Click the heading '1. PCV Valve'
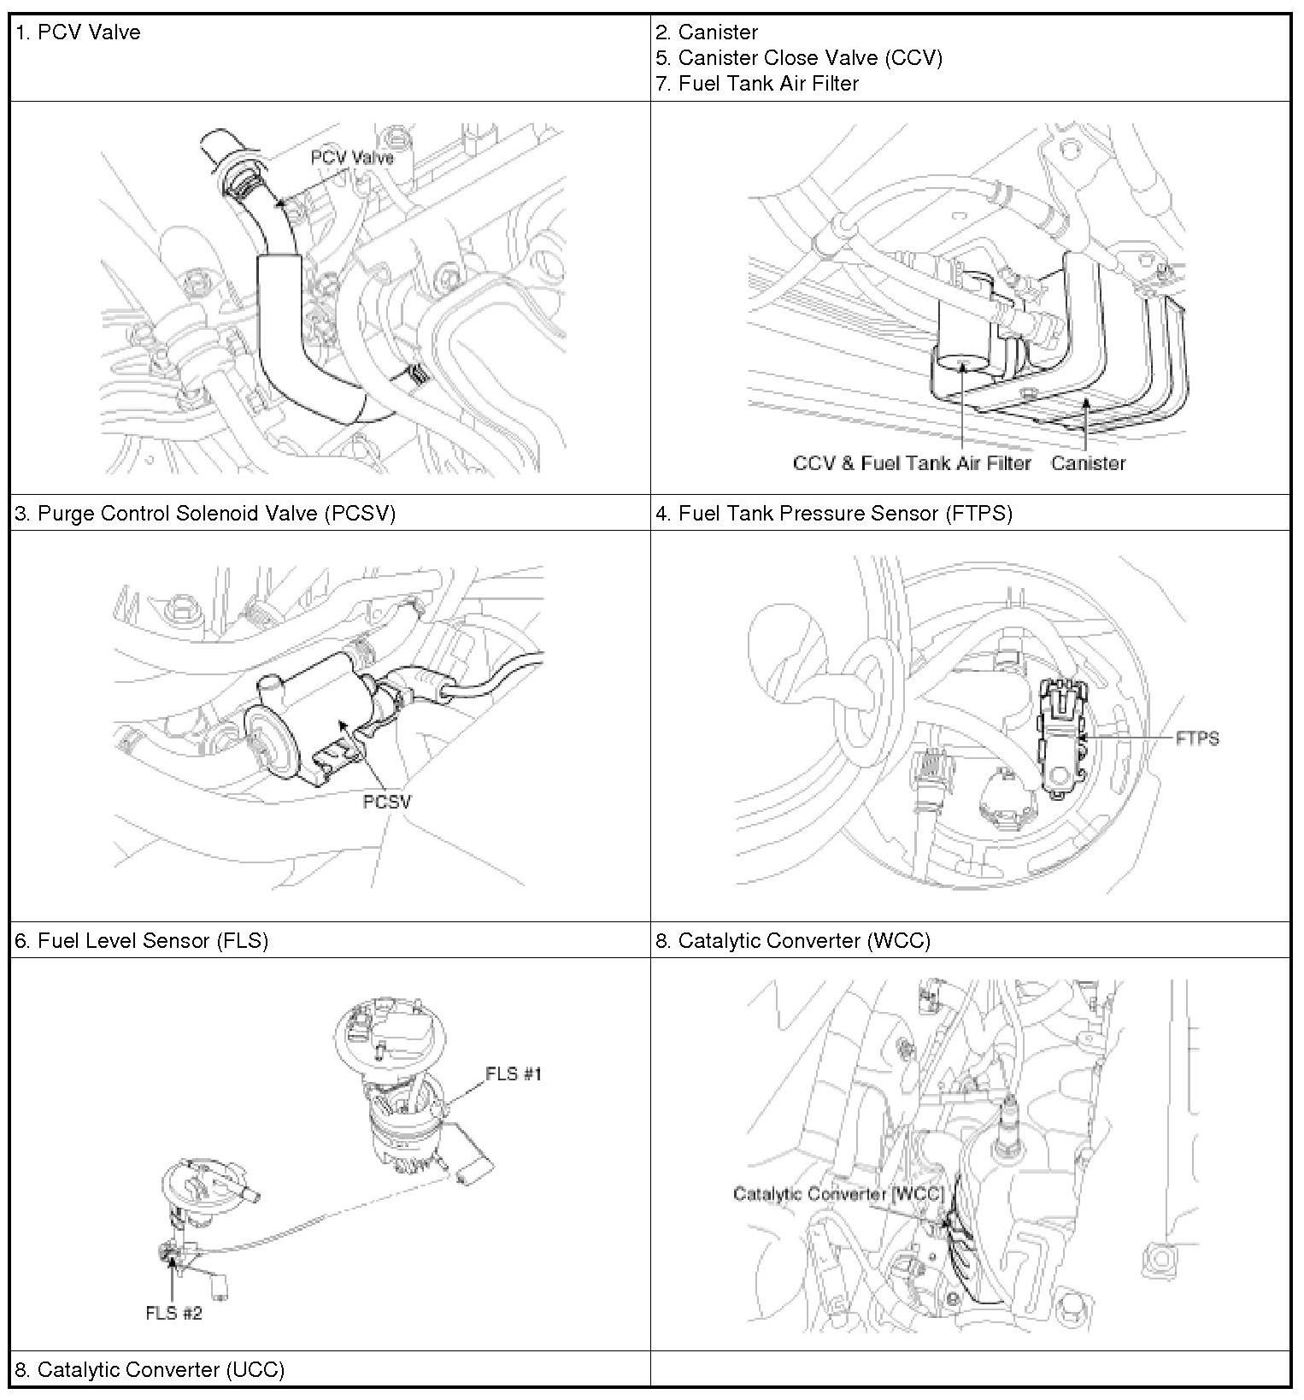pyautogui.click(x=78, y=32)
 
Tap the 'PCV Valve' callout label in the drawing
pyautogui.click(x=352, y=158)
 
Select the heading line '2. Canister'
pyautogui.click(x=707, y=32)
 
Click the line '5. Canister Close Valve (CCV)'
pyautogui.click(x=799, y=58)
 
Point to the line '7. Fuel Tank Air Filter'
pyautogui.click(x=757, y=84)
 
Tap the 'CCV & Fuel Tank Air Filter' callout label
pyautogui.click(x=912, y=463)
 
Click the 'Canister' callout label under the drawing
pyautogui.click(x=1088, y=463)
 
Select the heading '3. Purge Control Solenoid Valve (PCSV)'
pyautogui.click(x=205, y=513)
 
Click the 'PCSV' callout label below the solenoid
pyautogui.click(x=386, y=802)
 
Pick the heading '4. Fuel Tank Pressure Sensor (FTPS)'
pyautogui.click(x=834, y=513)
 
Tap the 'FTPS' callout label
pyautogui.click(x=1196, y=738)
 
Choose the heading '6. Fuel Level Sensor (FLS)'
pyautogui.click(x=142, y=940)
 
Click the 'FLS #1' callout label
pyautogui.click(x=514, y=1074)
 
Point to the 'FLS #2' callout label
pyautogui.click(x=173, y=1313)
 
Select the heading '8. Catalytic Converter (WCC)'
pyautogui.click(x=793, y=940)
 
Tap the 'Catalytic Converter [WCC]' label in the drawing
pyautogui.click(x=837, y=1194)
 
